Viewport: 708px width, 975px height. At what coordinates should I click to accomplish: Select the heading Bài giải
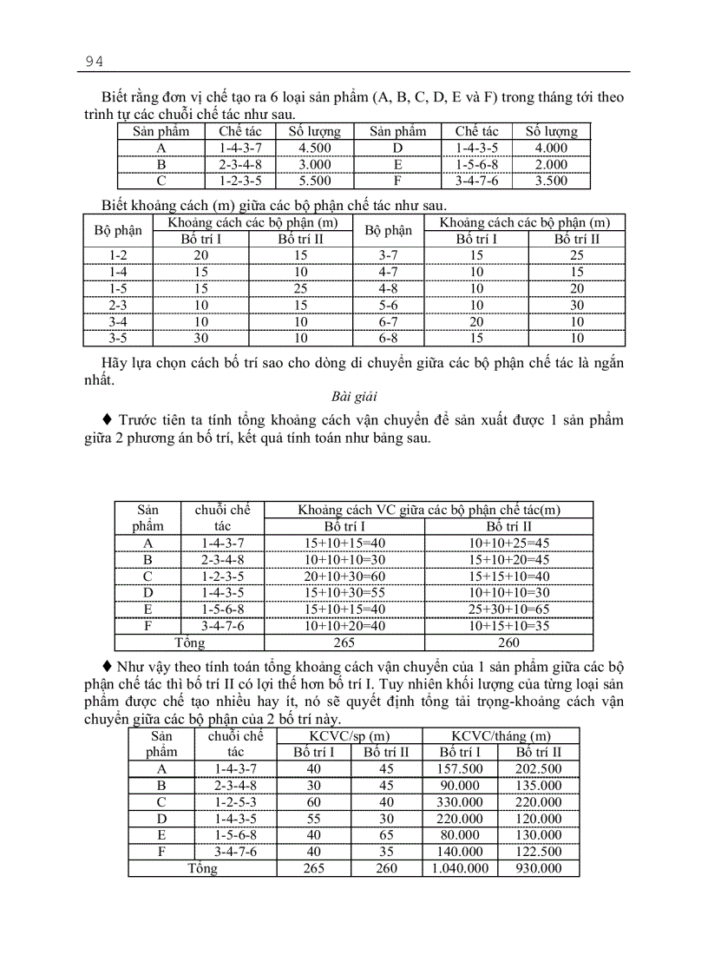(x=353, y=397)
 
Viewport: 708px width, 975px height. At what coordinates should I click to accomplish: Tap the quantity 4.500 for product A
(x=314, y=148)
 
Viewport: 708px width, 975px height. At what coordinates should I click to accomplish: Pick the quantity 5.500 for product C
(x=314, y=181)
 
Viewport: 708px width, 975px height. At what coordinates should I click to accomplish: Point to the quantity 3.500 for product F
(x=551, y=181)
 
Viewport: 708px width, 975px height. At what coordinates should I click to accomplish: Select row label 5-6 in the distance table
(x=388, y=306)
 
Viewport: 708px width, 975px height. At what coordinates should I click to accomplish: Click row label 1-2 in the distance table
(x=119, y=256)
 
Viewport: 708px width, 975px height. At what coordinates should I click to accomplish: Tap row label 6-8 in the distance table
(x=388, y=339)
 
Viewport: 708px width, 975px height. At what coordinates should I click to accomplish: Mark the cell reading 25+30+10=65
(x=508, y=609)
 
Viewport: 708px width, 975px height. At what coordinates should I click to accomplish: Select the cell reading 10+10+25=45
(x=508, y=543)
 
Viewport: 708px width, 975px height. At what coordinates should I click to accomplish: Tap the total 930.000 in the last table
(x=538, y=868)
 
